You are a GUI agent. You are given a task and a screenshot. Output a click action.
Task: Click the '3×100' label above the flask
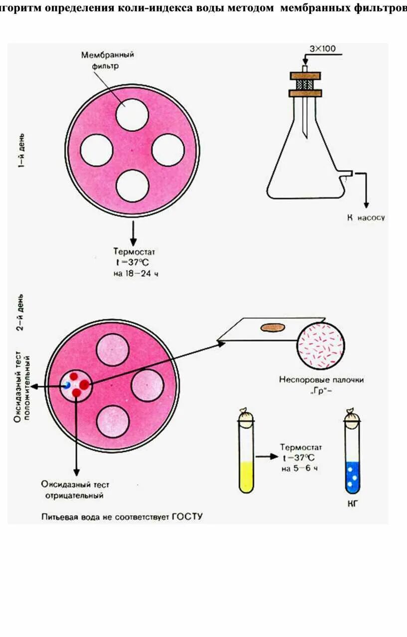coord(323,49)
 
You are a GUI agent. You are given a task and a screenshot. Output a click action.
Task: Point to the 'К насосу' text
coord(366,217)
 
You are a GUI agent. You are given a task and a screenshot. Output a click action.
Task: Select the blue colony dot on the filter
coord(66,385)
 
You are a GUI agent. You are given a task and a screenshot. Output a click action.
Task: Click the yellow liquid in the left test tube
coord(247,476)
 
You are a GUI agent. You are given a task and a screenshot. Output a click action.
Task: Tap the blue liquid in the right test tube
coord(353,476)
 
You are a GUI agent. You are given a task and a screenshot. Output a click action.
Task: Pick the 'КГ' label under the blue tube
coord(353,504)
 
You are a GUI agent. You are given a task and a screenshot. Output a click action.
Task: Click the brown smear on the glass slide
coord(272,328)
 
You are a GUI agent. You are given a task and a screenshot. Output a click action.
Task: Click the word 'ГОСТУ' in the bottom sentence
coord(187,517)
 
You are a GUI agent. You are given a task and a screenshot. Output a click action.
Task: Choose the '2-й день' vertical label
coord(20,315)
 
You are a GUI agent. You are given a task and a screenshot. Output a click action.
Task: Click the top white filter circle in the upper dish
coord(132,115)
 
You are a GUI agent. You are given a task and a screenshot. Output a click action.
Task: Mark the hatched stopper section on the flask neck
coord(305,84)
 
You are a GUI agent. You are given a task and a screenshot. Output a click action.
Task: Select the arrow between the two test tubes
coord(266,456)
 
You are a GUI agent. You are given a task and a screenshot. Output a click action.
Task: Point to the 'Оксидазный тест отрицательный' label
coord(75,490)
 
